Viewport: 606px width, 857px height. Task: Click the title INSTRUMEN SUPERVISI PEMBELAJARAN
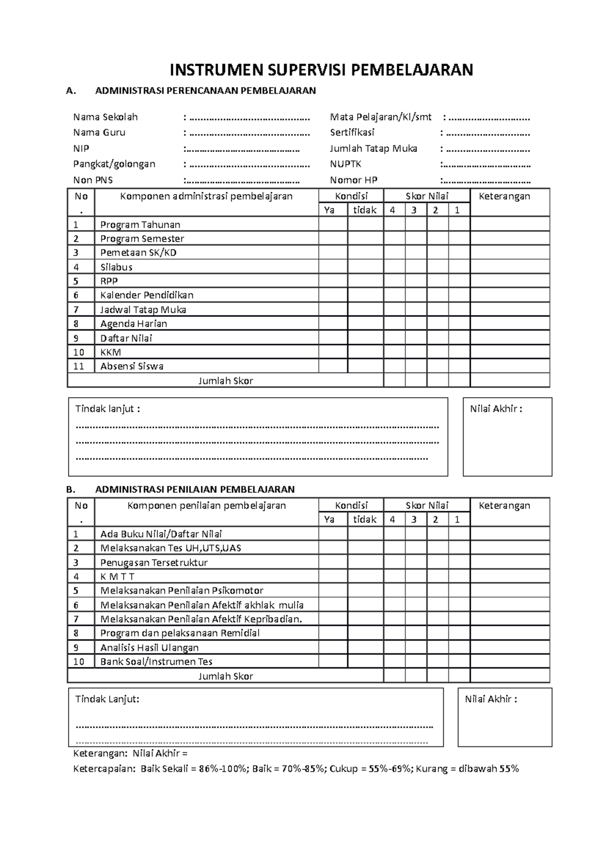tap(321, 70)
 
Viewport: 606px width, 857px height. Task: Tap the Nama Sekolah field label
tap(105, 117)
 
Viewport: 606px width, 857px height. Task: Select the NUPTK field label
tap(345, 164)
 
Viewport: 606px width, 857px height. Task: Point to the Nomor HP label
tap(353, 180)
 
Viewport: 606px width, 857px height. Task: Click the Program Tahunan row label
tap(140, 225)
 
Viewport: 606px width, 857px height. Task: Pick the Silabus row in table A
tap(116, 267)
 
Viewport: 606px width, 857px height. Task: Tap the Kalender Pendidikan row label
tap(146, 295)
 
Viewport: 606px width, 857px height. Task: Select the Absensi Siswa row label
tap(132, 366)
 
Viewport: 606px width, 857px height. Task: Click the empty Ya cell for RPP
tap(333, 281)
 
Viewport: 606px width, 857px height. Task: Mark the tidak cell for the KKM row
tap(365, 352)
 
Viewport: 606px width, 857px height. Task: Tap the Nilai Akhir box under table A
tap(507, 437)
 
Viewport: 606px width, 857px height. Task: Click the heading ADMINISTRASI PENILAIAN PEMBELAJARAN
tap(194, 489)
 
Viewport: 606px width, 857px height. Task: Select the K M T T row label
tap(117, 576)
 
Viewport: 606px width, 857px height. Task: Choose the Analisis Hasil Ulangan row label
tap(149, 648)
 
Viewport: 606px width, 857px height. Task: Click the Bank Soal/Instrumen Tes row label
tap(156, 662)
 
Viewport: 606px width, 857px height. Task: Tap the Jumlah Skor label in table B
tap(225, 676)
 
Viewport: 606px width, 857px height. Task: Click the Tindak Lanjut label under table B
tap(107, 700)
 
